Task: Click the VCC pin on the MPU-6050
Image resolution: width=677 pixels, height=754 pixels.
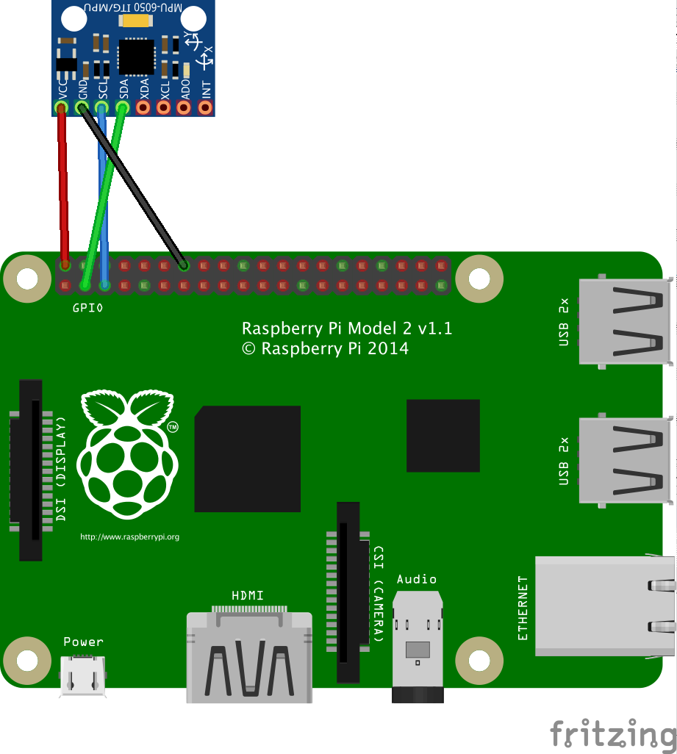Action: tap(61, 107)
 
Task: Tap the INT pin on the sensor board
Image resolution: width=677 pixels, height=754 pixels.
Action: tap(204, 107)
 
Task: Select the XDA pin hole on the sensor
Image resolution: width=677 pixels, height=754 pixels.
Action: tap(143, 107)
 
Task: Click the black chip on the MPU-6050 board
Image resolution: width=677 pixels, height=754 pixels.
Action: tap(136, 57)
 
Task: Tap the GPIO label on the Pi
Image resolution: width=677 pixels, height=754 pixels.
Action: tap(87, 309)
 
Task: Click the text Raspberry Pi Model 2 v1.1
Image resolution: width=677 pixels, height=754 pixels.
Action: tap(347, 328)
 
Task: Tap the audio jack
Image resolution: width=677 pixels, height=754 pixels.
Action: tap(418, 647)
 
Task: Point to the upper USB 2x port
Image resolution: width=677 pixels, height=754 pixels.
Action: tap(625, 322)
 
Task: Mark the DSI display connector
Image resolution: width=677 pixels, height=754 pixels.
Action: tap(31, 470)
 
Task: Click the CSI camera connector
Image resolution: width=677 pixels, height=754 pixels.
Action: tap(348, 592)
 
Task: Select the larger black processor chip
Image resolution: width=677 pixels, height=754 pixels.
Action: tap(247, 459)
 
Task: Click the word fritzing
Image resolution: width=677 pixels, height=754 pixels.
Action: tap(612, 733)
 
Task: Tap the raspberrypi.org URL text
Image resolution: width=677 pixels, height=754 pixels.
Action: tap(129, 537)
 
